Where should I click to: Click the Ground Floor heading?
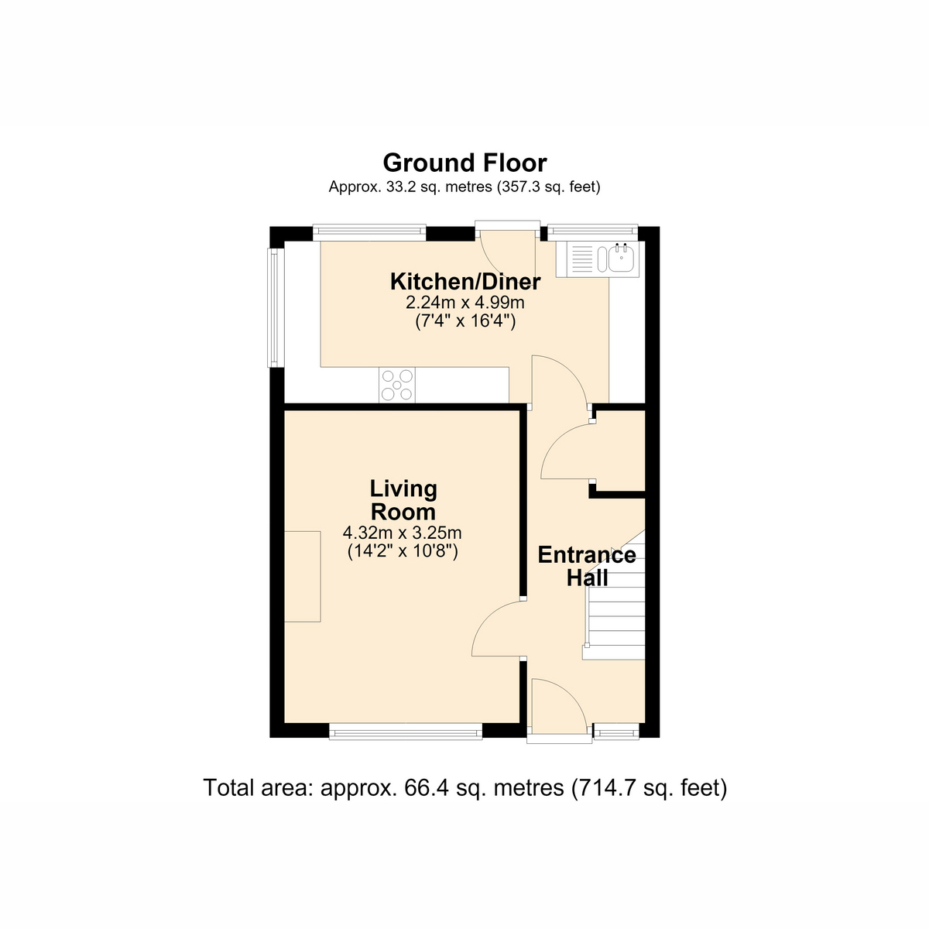tap(464, 163)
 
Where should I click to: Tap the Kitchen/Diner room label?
tap(465, 282)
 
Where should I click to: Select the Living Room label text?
tap(403, 500)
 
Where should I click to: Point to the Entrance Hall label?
tap(587, 566)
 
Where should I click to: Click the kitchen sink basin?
tap(621, 259)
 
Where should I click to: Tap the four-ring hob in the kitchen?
tap(397, 386)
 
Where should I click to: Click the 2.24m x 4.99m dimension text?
tap(464, 303)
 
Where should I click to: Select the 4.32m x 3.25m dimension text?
tap(402, 533)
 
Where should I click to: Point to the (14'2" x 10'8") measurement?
tap(403, 551)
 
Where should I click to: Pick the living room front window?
tap(406, 732)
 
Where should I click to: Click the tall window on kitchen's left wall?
tap(276, 307)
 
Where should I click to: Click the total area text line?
tap(464, 788)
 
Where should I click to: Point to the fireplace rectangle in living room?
tap(302, 577)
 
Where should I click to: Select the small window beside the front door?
tap(616, 732)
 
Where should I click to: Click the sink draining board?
tap(581, 259)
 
